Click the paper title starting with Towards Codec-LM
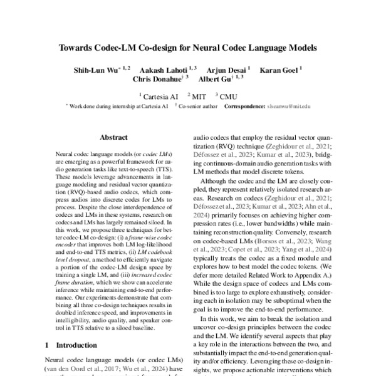(x=188, y=47)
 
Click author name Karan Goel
(x=278, y=68)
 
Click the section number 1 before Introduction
(x=48, y=345)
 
